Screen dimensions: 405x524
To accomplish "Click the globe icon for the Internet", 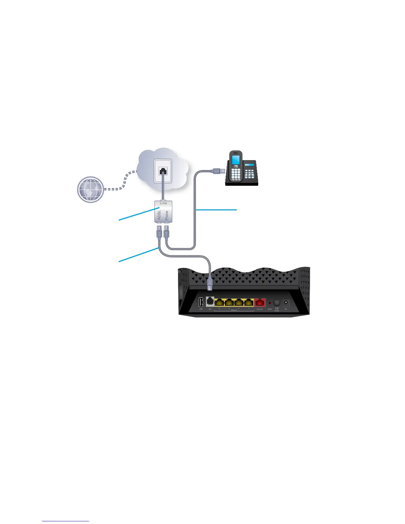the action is [x=90, y=190].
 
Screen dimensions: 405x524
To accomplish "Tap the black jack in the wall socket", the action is [x=163, y=171].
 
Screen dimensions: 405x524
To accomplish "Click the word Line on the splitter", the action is [x=163, y=203].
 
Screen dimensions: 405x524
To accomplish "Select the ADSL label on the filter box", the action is [x=159, y=215].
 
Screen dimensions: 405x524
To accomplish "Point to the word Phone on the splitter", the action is [x=167, y=215].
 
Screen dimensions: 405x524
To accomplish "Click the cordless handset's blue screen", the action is [x=236, y=160].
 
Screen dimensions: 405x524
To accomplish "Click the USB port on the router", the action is [x=201, y=302].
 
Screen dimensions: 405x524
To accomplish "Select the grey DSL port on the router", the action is [x=210, y=302].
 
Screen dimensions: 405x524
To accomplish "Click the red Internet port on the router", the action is [x=260, y=302].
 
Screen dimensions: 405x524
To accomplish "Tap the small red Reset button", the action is [x=270, y=303].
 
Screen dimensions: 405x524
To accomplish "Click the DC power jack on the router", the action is [x=286, y=302].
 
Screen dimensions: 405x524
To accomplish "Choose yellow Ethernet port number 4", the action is [x=219, y=302].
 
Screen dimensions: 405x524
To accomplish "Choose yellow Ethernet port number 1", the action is [x=248, y=302].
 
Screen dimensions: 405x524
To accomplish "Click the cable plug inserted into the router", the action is [x=209, y=283].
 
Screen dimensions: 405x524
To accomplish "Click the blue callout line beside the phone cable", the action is [x=217, y=210].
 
